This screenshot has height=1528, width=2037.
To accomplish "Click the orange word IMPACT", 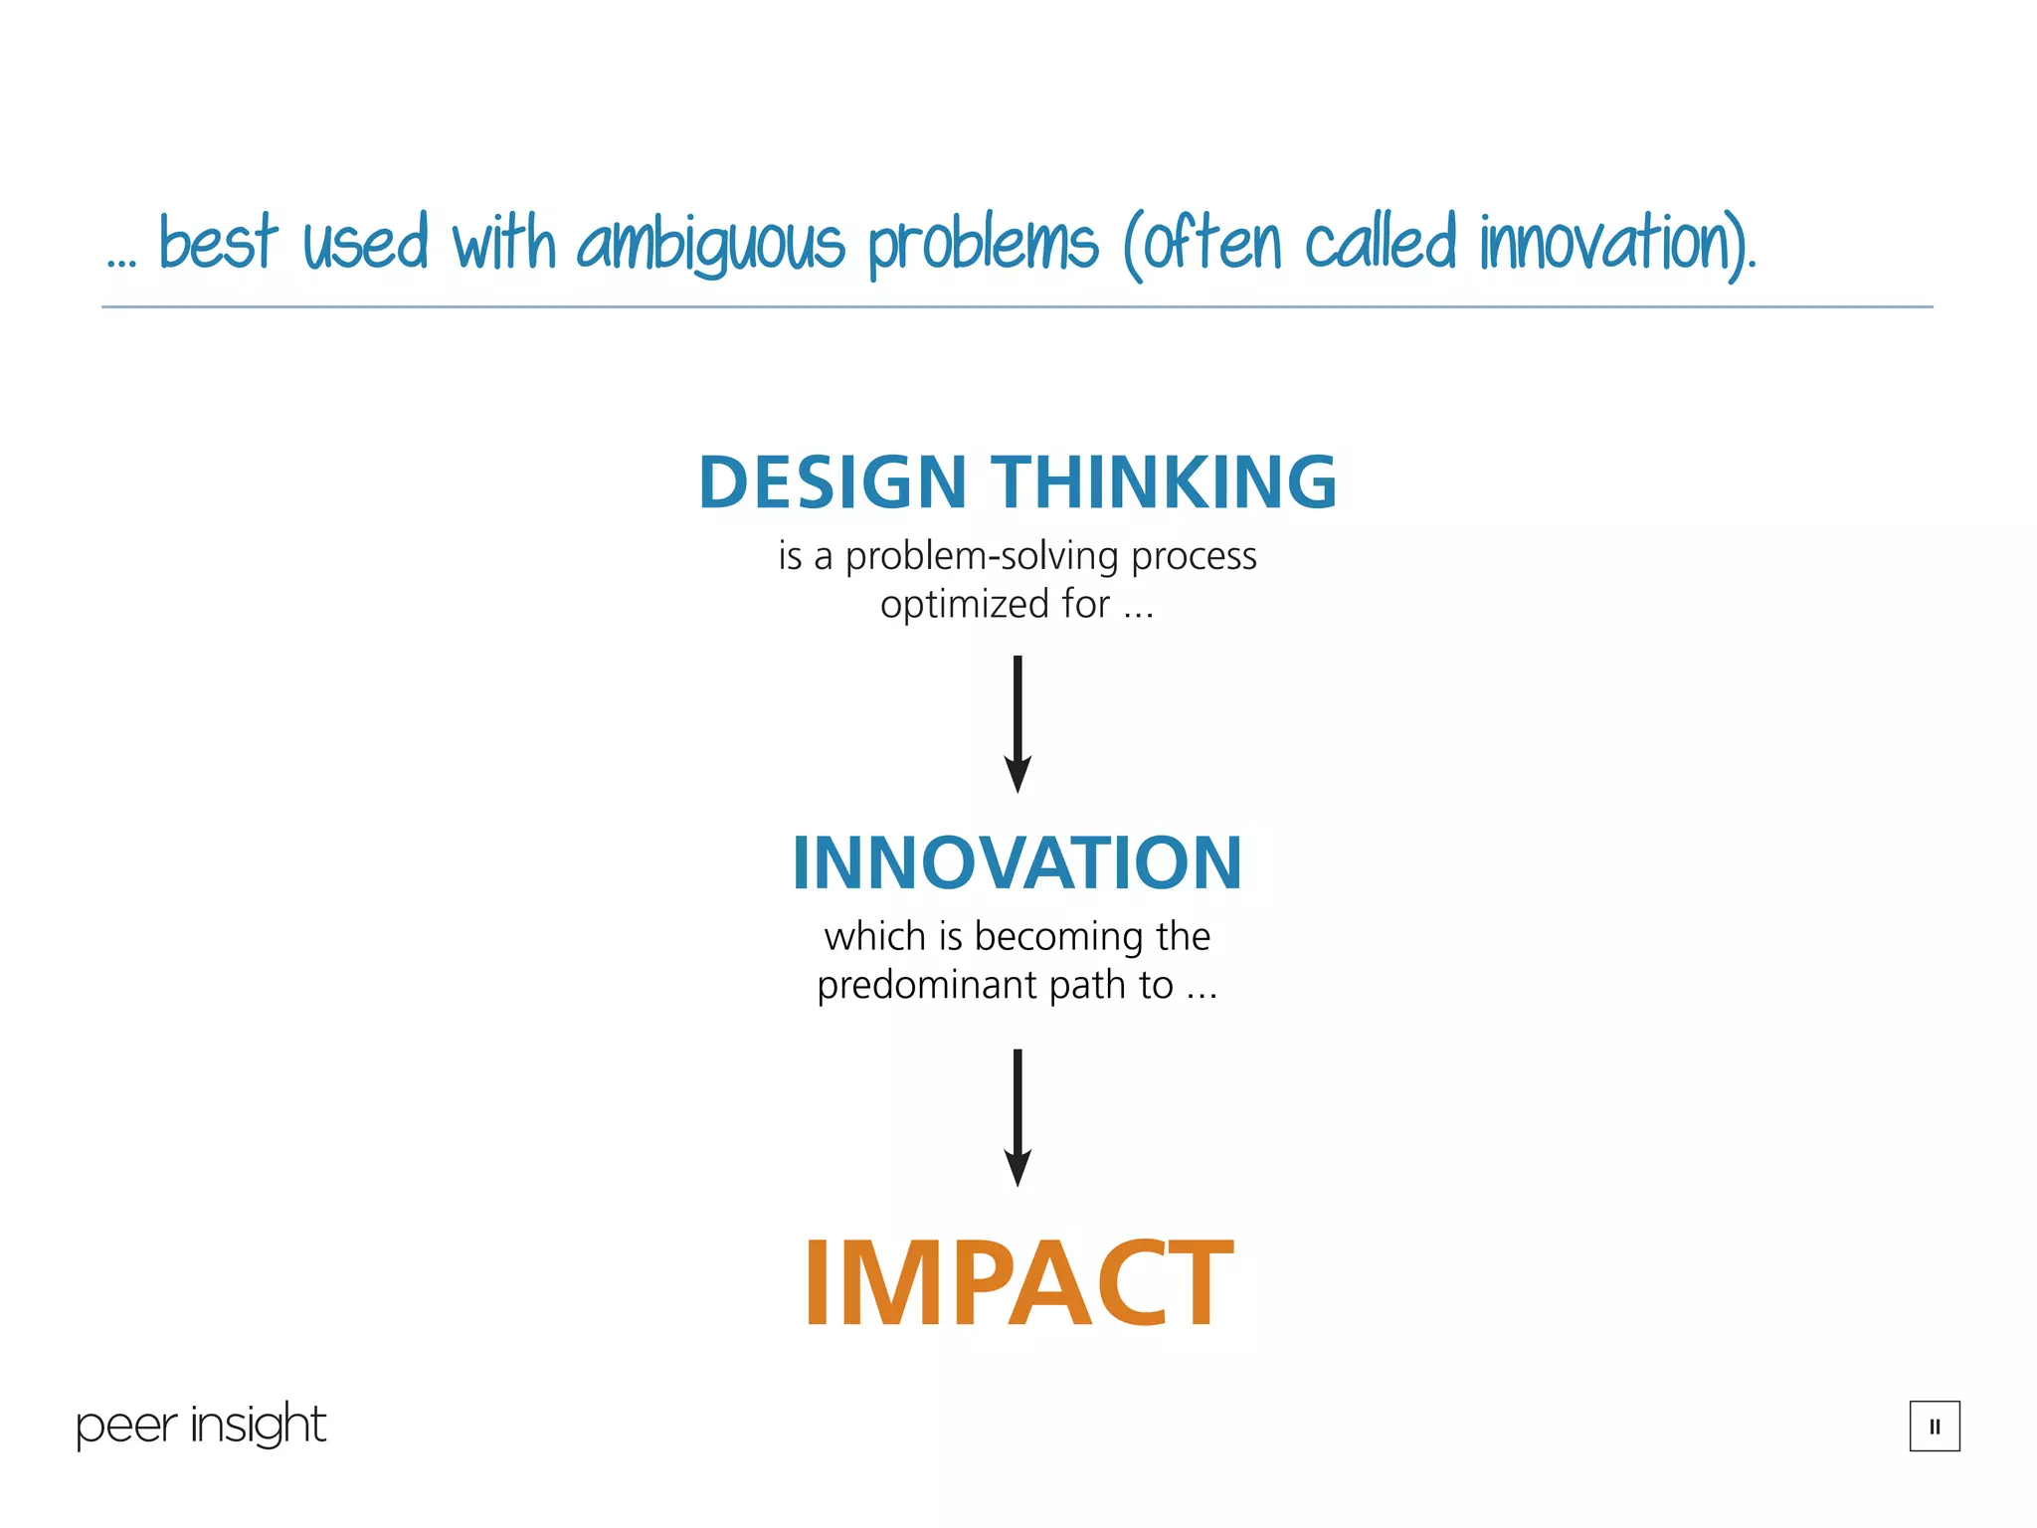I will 1018,1283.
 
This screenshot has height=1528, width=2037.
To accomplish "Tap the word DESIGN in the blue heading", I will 833,482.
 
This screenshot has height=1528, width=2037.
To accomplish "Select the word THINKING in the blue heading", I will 1165,482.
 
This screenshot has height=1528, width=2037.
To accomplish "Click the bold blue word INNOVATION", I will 1018,862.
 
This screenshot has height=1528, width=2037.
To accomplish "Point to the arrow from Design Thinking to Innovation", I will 1018,723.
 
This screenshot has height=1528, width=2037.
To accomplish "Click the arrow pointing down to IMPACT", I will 1018,1116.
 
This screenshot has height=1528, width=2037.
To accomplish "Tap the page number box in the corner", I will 1934,1426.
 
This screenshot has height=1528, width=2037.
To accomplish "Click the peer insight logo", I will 201,1426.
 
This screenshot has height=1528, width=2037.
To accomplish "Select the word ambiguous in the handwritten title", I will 710,244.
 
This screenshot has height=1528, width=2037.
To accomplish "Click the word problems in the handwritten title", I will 983,244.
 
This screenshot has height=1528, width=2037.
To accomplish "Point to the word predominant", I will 927,985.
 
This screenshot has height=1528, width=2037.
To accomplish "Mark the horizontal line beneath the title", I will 1018,306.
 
